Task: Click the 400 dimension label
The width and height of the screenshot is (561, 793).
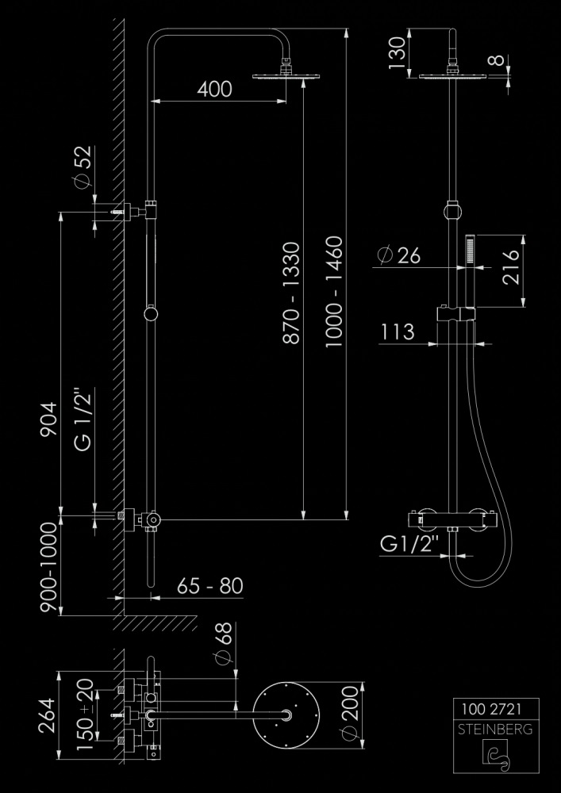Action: (x=214, y=89)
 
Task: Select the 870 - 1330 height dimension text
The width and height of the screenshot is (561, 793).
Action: (x=291, y=293)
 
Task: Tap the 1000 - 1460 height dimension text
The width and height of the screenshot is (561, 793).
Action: (x=334, y=291)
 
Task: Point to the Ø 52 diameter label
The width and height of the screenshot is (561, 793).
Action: (x=83, y=167)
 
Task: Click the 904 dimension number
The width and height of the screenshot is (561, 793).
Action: (x=50, y=419)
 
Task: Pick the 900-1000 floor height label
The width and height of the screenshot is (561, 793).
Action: (x=49, y=567)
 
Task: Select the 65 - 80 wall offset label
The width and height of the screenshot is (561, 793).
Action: (x=210, y=586)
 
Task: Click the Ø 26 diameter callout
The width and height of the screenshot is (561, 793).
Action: (x=399, y=255)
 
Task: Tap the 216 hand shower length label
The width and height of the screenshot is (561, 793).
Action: (x=511, y=267)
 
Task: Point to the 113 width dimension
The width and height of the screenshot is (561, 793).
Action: (x=398, y=331)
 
